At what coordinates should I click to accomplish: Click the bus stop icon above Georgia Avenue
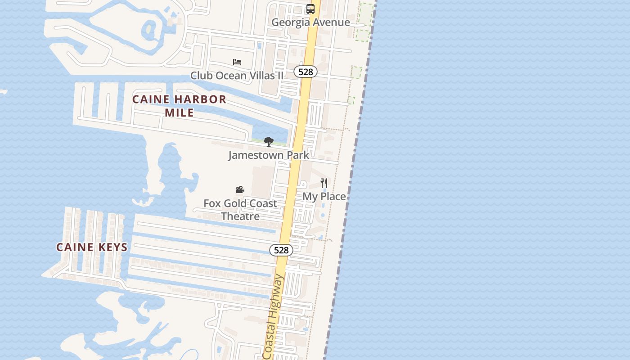(310, 9)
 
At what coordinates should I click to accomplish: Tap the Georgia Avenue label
(310, 22)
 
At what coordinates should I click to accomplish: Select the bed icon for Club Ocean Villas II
(237, 62)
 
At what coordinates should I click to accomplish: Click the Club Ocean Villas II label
(237, 75)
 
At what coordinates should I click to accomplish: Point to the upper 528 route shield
(306, 72)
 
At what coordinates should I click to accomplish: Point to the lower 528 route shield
(281, 250)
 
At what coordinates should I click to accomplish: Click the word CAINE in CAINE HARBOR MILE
(151, 99)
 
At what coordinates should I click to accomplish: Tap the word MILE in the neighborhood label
(179, 112)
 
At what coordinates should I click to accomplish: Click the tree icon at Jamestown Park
(269, 142)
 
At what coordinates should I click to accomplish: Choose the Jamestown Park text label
(269, 155)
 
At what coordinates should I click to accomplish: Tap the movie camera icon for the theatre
(240, 190)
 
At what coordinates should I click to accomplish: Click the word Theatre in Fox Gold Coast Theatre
(240, 216)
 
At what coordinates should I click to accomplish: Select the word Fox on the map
(212, 203)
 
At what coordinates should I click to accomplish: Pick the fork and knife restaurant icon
(324, 183)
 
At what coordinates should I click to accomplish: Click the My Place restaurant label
(324, 196)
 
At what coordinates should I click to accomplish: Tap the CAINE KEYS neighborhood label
(92, 247)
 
